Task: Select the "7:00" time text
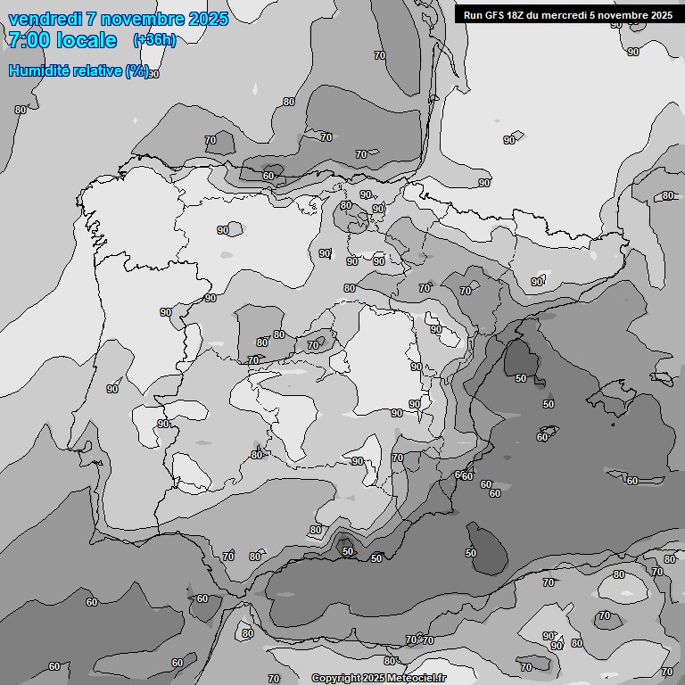click(x=29, y=40)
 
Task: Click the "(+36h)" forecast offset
click(x=154, y=40)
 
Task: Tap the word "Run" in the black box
click(x=473, y=15)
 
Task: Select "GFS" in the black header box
click(x=493, y=15)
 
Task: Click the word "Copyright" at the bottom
click(x=336, y=679)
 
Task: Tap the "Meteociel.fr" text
click(x=416, y=679)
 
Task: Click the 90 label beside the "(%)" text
click(x=153, y=74)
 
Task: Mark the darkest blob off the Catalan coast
click(x=519, y=359)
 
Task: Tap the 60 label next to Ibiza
click(x=542, y=437)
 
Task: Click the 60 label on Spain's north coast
click(x=268, y=176)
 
